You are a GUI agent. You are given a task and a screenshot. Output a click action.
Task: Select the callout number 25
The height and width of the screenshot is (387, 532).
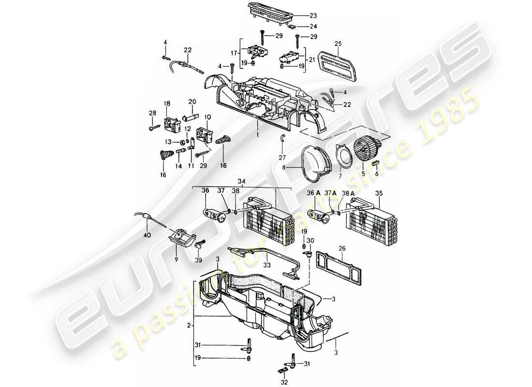click(338, 44)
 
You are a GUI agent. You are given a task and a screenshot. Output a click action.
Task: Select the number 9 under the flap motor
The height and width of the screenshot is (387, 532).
click(177, 259)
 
